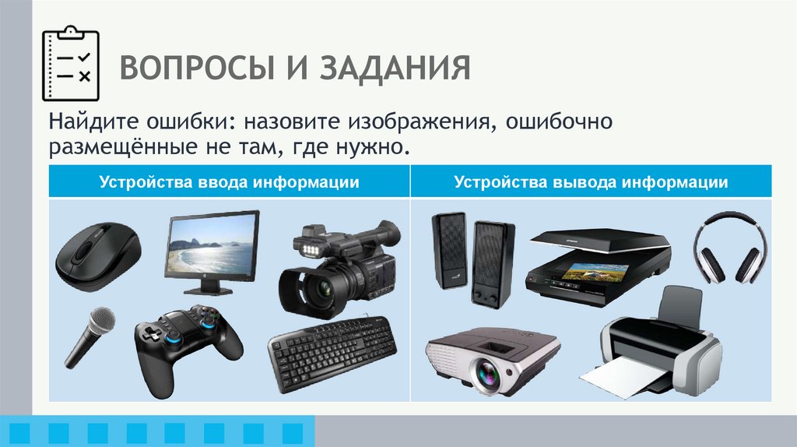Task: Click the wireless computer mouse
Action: pos(97,256)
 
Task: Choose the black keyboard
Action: pos(332,355)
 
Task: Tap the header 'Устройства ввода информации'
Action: pos(229,182)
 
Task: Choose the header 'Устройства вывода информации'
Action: pos(592,182)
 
